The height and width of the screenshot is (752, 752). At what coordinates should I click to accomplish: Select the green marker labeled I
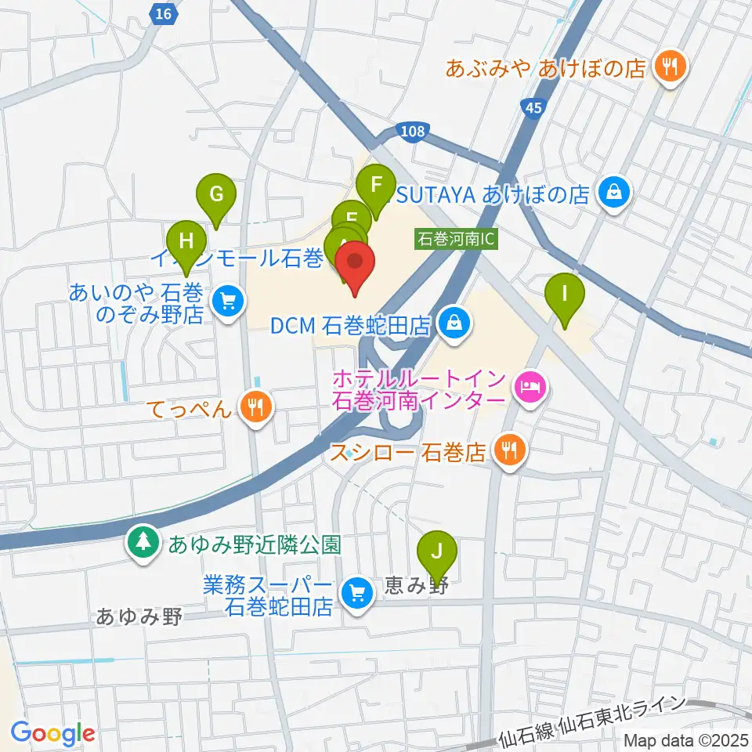(564, 295)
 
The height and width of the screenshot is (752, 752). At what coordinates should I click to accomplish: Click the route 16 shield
(163, 13)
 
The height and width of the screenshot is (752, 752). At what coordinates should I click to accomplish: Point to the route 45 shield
(533, 108)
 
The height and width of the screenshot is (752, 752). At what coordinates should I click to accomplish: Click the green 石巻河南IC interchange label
(455, 238)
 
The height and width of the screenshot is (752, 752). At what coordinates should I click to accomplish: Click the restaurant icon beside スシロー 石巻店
(511, 450)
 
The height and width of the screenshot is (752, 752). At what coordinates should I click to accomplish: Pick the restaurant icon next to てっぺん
(255, 407)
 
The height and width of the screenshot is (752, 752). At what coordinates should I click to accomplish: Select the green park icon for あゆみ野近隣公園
(143, 543)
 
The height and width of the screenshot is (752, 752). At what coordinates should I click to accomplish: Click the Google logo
(52, 733)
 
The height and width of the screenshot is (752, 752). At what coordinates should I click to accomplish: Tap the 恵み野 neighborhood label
(416, 586)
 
